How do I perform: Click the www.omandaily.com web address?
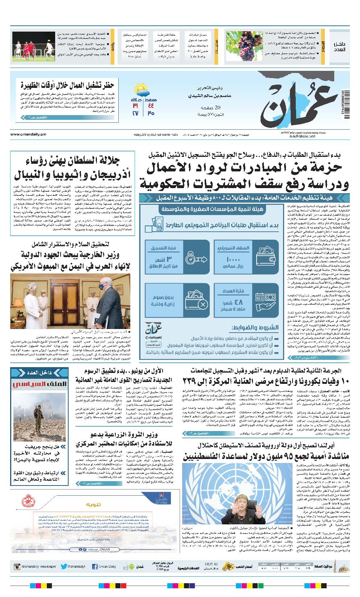coord(25,134)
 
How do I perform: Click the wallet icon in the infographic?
coord(267,256)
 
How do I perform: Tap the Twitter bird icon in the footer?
coord(64,566)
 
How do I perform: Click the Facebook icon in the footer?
coord(95,566)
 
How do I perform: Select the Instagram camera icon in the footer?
coord(16,566)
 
